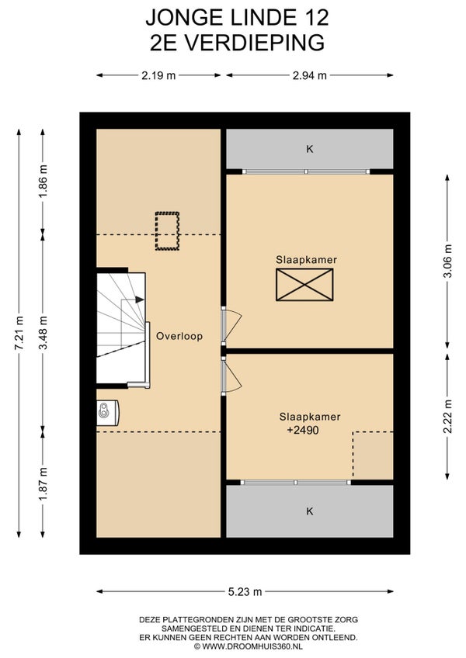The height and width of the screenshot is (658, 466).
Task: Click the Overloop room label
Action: point(179,336)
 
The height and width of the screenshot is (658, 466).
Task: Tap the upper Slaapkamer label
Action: point(306,260)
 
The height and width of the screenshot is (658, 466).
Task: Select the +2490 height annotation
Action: point(303,430)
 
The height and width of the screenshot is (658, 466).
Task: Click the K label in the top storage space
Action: point(310,149)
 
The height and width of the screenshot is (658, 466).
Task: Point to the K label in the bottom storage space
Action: point(310,511)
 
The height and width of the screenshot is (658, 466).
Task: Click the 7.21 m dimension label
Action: point(19,332)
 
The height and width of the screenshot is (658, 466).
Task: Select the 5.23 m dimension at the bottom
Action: point(245,592)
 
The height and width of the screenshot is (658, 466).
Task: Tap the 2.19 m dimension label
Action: point(158,75)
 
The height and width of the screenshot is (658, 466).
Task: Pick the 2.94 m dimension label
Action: point(310,75)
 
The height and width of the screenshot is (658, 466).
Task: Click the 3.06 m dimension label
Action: point(448,261)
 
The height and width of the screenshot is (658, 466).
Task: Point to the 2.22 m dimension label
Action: point(448,416)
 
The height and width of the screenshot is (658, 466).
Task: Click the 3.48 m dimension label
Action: point(43,332)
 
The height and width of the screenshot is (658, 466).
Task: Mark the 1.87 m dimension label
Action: point(43,483)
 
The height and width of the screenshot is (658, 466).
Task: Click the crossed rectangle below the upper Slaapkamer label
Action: point(304,285)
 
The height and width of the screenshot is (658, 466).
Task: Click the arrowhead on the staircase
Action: point(140,300)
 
